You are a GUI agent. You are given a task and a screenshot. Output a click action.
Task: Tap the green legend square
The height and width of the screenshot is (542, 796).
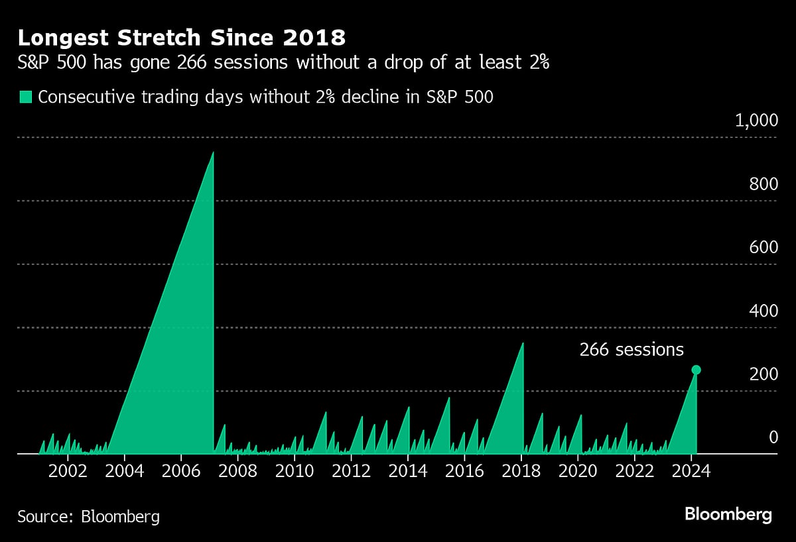click(25, 97)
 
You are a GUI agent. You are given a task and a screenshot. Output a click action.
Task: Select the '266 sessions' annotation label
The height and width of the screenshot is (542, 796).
click(631, 350)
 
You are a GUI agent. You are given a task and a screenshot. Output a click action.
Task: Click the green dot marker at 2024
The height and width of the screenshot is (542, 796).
click(696, 370)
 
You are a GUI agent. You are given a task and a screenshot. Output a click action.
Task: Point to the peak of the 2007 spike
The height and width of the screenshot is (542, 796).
click(213, 152)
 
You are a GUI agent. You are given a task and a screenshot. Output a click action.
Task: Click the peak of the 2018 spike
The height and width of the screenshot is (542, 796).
click(523, 343)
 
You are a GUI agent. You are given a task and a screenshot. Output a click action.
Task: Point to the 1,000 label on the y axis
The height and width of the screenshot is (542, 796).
click(756, 121)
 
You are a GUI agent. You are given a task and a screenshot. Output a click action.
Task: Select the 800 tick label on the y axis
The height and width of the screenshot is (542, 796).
click(763, 184)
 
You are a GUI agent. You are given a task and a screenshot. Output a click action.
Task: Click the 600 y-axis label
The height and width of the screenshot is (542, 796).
click(763, 248)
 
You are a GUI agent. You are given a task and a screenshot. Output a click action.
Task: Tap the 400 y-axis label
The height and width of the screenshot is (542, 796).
click(763, 311)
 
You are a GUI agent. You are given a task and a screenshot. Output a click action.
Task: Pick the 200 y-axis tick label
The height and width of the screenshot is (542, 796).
click(763, 374)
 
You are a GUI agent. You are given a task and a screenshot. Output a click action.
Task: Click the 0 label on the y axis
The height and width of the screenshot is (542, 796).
click(773, 437)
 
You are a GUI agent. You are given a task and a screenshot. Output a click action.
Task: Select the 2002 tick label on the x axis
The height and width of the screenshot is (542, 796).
click(68, 472)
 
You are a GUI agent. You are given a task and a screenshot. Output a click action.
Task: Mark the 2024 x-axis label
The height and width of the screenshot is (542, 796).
click(691, 472)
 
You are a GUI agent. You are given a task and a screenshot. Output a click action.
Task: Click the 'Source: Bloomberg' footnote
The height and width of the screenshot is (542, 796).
click(88, 516)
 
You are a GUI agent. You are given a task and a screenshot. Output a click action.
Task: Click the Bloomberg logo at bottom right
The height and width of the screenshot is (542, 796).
click(728, 514)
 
